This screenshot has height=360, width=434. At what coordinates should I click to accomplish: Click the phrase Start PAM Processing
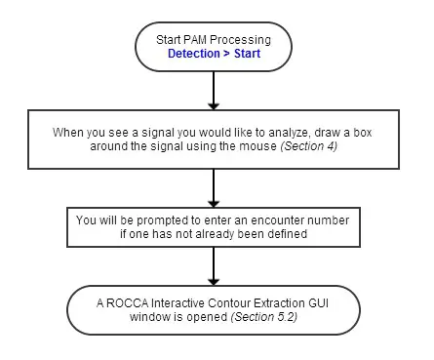click(212, 38)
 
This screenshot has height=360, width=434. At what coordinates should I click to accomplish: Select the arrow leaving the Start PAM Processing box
click(212, 89)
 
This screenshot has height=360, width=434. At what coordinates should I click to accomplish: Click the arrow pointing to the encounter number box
click(212, 185)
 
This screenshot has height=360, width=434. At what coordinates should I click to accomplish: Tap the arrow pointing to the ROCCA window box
click(212, 265)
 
